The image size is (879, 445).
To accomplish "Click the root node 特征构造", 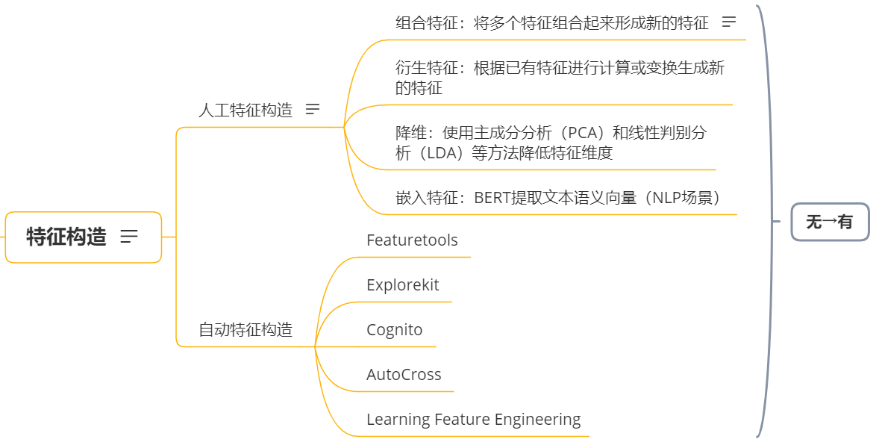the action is (x=66, y=237).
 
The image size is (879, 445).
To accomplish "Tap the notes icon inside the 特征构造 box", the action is (x=129, y=237).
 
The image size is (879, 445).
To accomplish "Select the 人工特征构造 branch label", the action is (x=245, y=111).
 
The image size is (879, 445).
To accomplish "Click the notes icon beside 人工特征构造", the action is (x=313, y=110).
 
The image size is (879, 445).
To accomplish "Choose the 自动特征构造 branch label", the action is (x=245, y=329).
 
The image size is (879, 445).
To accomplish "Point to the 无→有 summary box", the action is (x=829, y=222).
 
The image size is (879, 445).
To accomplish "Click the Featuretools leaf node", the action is (x=412, y=240).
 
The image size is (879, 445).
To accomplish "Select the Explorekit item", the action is (x=402, y=285).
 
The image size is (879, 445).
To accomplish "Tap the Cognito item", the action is (x=394, y=330).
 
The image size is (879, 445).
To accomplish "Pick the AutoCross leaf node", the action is (x=404, y=375).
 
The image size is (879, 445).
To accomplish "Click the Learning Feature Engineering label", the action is (x=473, y=420).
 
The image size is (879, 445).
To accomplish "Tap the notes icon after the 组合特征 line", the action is (x=729, y=22).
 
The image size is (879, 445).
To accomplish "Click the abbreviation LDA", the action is (x=446, y=154).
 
